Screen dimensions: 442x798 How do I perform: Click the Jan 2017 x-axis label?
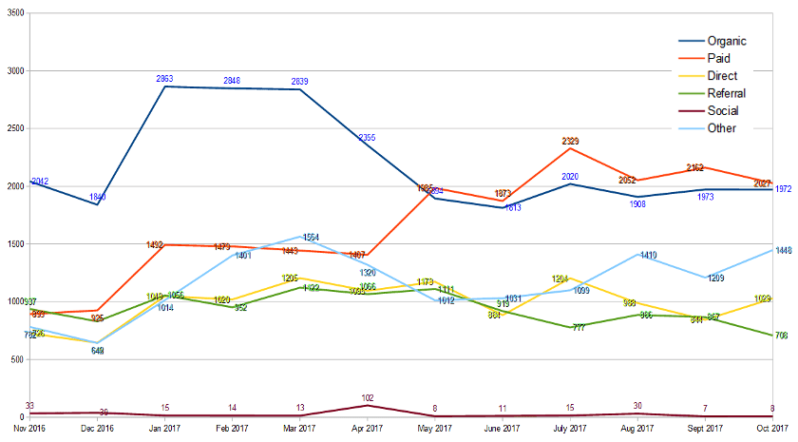[165, 430]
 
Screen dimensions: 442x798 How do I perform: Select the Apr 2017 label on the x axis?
[368, 430]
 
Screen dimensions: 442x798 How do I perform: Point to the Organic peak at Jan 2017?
[166, 86]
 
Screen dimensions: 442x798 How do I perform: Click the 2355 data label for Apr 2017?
[368, 138]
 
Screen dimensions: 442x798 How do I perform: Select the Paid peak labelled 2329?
[570, 141]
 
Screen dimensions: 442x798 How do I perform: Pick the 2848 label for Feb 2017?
[234, 80]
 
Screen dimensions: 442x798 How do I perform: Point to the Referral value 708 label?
[782, 336]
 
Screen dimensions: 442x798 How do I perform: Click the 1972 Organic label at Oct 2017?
[783, 190]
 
